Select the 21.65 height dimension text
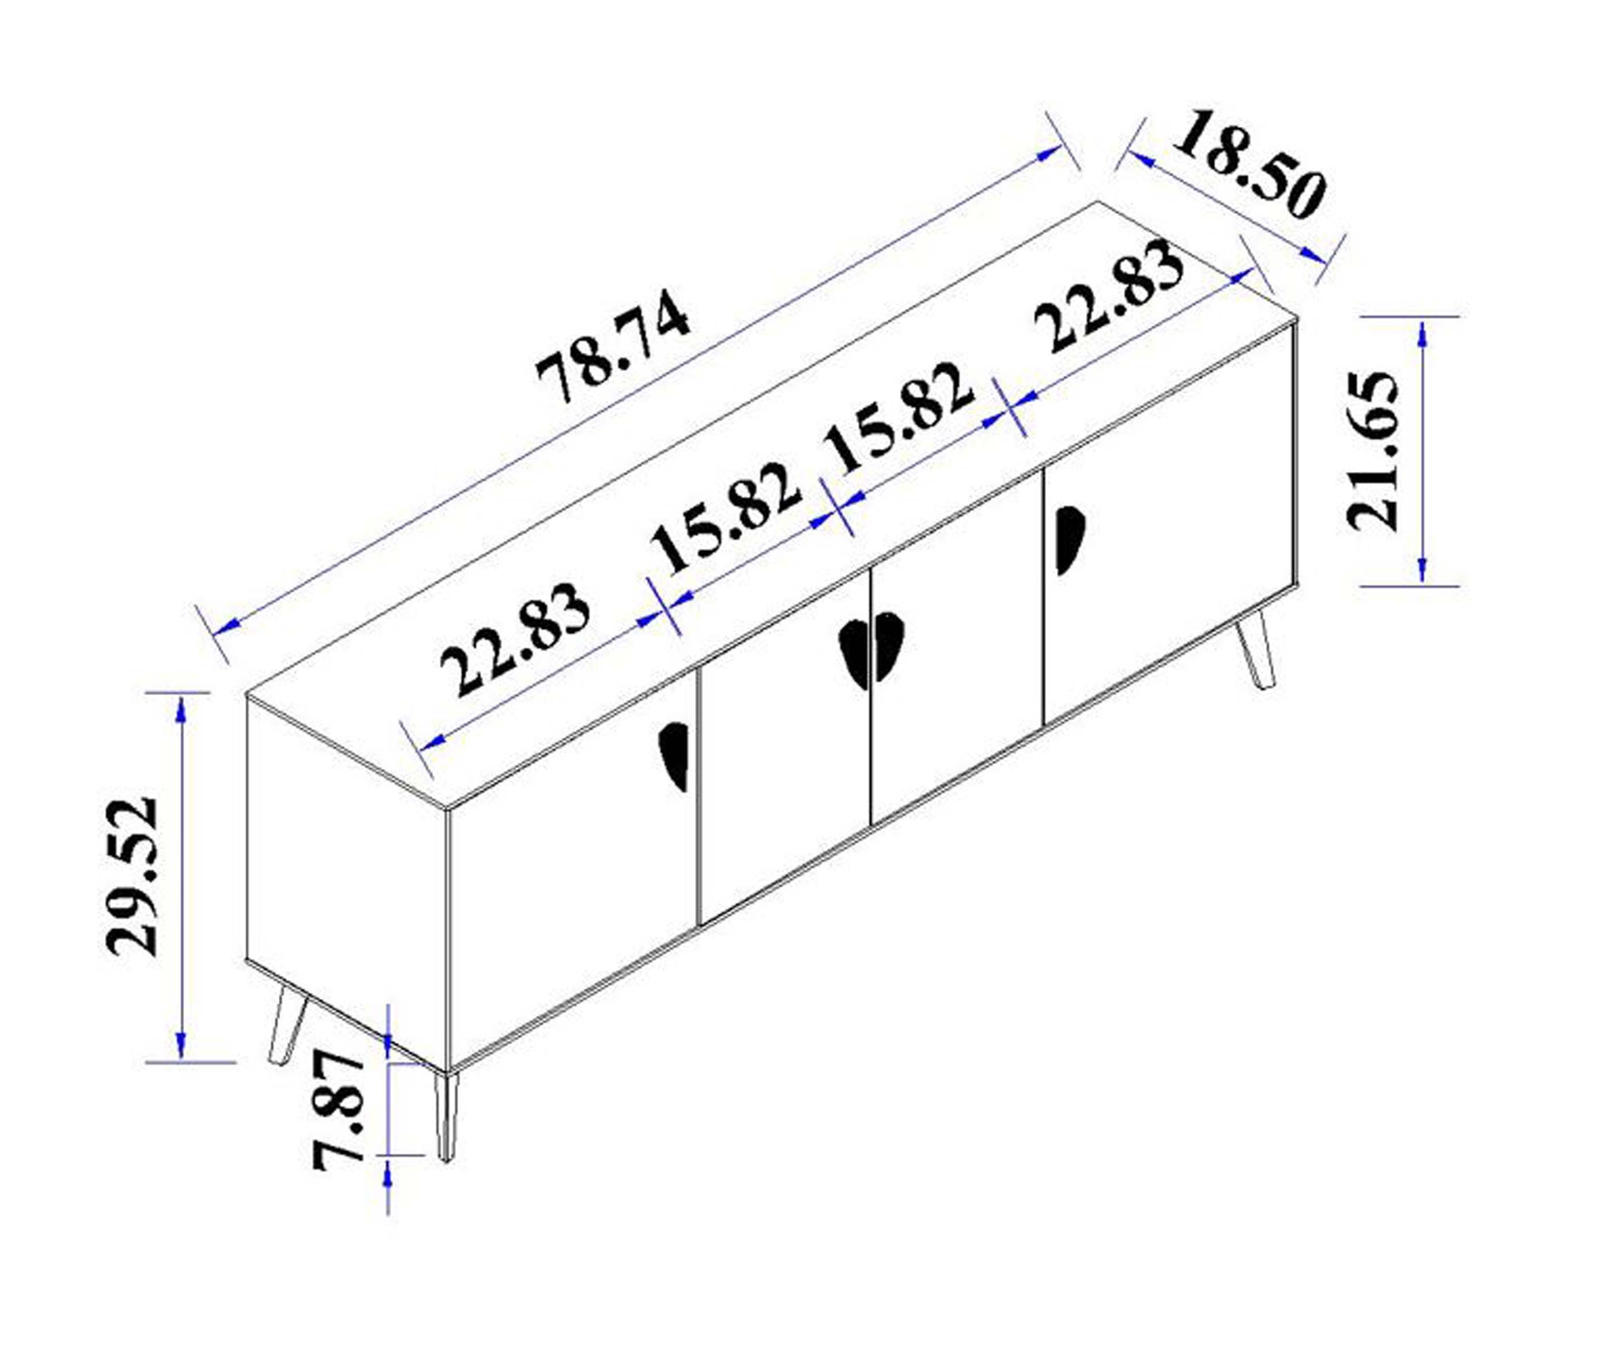point(1372,451)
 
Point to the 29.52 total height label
point(131,876)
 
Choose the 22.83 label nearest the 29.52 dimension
point(515,639)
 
